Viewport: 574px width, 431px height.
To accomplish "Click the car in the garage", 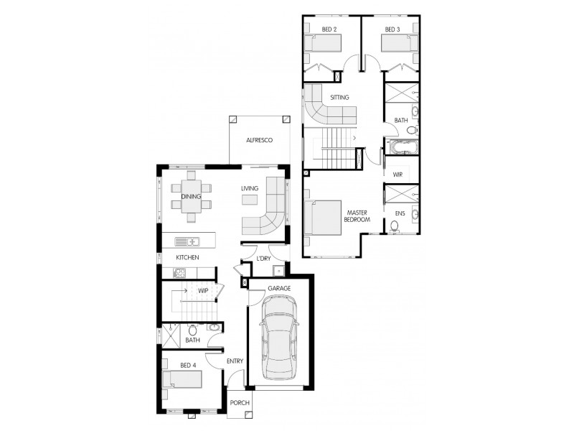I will [278, 340].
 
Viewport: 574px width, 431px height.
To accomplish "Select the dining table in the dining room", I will [192, 195].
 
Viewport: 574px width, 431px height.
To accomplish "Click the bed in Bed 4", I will [182, 379].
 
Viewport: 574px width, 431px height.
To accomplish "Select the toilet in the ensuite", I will [395, 226].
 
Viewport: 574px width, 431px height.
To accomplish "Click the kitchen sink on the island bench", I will [186, 241].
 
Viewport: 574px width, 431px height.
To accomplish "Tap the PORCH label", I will [239, 403].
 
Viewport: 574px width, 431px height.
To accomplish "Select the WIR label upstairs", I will [397, 175].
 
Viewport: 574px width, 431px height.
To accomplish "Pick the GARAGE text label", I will [279, 288].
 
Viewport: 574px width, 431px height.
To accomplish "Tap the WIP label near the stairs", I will [203, 291].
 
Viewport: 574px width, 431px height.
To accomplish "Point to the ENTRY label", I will [235, 361].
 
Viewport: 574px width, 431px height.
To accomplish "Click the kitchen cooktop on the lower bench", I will [179, 272].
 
